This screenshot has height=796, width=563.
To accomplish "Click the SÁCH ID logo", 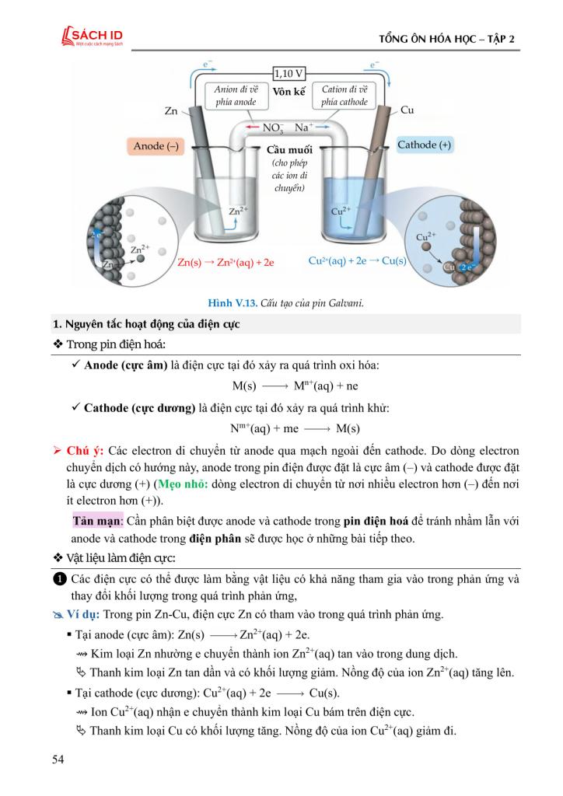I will point(91,37).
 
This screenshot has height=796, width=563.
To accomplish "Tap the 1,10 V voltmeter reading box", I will point(288,74).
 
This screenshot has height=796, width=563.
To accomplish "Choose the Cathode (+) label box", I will point(425,145).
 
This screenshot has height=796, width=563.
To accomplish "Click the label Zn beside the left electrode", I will point(172,111).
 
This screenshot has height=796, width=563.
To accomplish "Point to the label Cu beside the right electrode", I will point(407,110).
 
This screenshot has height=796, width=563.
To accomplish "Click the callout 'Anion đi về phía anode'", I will point(236,96).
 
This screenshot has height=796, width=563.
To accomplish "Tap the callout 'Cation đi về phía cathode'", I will point(344,96).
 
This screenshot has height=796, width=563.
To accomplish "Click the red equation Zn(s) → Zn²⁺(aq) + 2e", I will point(226,262).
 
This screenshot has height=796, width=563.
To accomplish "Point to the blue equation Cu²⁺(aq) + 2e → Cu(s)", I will point(358,261).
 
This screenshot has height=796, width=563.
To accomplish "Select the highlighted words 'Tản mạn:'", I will point(93,519).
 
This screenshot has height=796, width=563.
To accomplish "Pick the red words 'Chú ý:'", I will point(86,450).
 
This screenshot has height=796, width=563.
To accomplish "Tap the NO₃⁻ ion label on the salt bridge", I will point(273,127).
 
